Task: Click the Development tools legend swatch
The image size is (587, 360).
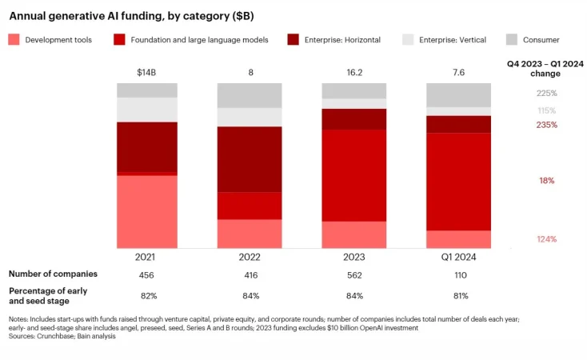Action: coord(14,39)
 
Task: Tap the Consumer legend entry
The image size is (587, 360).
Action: coord(537,39)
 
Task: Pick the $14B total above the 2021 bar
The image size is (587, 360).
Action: coord(146,74)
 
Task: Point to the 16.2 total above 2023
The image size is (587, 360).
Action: coord(353,74)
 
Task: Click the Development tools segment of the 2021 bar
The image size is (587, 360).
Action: coord(146,211)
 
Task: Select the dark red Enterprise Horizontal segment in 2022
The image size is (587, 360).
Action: coord(250,159)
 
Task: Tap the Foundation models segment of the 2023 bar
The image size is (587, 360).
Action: coord(353,175)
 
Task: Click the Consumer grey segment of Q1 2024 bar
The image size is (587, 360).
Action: coord(458,94)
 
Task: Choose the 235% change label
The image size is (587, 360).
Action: coord(547,125)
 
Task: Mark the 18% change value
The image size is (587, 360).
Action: coord(547,181)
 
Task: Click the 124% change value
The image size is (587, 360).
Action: coord(547,239)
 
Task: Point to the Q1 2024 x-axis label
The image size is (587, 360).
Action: coord(458,257)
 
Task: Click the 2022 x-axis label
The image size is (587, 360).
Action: coord(250,257)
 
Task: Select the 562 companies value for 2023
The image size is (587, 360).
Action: coord(353,274)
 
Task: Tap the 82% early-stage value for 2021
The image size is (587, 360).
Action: coord(146,296)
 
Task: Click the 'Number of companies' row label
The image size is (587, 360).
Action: coord(53,274)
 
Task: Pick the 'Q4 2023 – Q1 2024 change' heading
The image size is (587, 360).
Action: coord(533,68)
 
